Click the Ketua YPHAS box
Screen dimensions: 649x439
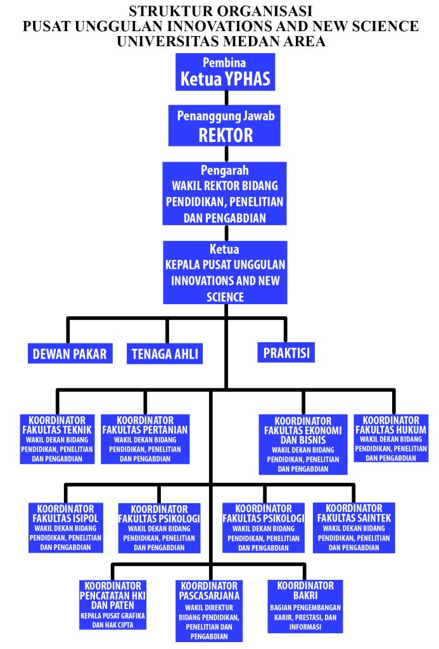click(225, 72)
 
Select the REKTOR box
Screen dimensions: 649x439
click(225, 125)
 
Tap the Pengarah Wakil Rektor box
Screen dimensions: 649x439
click(224, 194)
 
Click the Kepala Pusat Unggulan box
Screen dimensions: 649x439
click(225, 273)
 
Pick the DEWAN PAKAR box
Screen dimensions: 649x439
click(70, 354)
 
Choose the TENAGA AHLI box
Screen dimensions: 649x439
click(165, 354)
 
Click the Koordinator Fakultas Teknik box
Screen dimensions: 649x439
click(57, 439)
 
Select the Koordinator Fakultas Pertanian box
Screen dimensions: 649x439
click(145, 439)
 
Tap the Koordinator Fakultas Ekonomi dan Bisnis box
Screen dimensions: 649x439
click(303, 444)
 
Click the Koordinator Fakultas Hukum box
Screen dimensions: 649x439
click(391, 438)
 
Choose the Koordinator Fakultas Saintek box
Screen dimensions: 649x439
click(354, 527)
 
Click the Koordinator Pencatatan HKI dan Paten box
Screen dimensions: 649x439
click(113, 605)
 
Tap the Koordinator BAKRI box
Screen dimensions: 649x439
click(305, 605)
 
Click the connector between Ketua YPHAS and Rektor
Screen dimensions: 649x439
click(226, 98)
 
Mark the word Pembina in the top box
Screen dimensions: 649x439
click(224, 63)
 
